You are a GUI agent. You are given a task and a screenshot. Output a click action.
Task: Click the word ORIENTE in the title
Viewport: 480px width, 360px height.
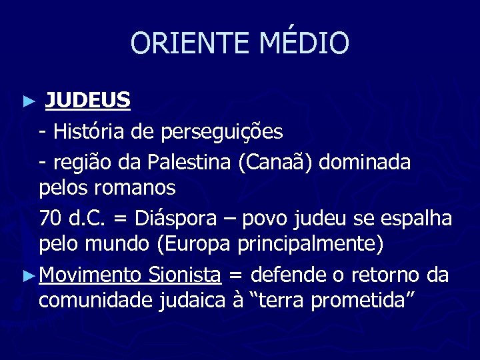tap(184, 44)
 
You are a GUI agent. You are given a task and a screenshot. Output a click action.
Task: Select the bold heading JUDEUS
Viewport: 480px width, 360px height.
tap(87, 101)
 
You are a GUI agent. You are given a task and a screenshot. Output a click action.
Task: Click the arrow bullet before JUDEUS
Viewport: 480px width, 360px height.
tap(27, 103)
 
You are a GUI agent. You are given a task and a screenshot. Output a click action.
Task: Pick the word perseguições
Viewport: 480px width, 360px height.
tap(221, 133)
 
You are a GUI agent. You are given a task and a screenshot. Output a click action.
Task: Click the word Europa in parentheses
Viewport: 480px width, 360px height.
tap(194, 245)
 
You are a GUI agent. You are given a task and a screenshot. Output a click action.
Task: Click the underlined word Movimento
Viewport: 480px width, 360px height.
tap(90, 274)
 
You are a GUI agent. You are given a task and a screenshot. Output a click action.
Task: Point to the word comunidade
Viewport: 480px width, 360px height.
tap(96, 301)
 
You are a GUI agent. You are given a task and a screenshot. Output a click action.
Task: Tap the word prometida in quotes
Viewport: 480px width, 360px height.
tap(363, 301)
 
